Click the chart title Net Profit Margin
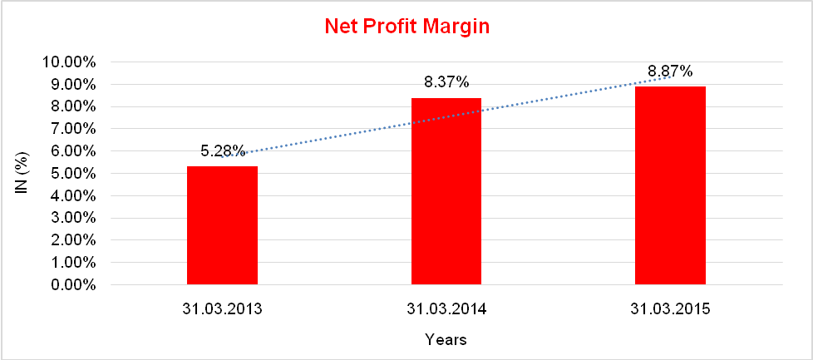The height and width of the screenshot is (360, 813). click(406, 27)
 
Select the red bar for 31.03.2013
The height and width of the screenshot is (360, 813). click(222, 226)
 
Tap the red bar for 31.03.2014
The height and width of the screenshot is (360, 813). click(446, 192)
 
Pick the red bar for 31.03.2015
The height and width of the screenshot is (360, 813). click(670, 186)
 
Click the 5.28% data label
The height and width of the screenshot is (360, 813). click(223, 151)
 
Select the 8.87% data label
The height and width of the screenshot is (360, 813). click(670, 72)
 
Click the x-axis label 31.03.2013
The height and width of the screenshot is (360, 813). click(222, 309)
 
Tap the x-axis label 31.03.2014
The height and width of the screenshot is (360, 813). click(446, 309)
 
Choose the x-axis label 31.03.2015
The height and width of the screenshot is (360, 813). click(670, 309)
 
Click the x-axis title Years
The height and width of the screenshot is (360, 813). click(446, 339)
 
